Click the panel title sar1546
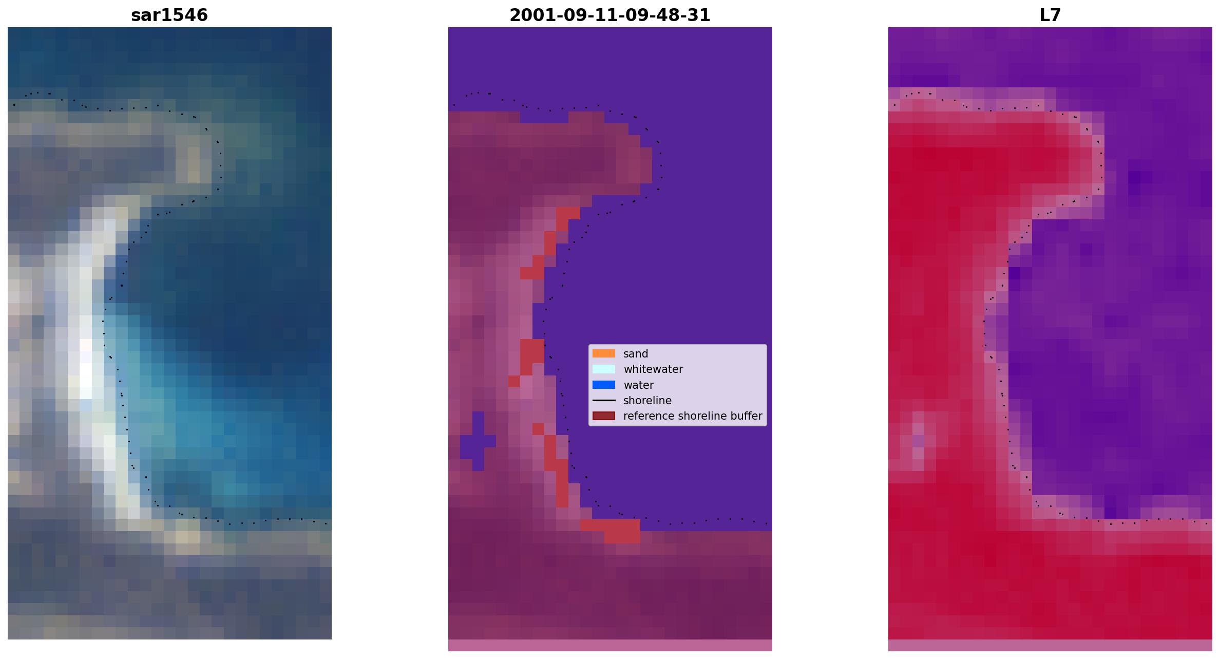169,15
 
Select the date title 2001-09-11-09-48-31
610,15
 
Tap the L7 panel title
1050,15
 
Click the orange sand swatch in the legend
604,353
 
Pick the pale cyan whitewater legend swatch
604,369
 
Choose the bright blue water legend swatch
604,385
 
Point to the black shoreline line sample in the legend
604,400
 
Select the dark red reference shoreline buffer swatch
604,416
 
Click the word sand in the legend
636,354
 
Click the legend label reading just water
638,385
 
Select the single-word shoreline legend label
647,401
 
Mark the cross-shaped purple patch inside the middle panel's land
478,441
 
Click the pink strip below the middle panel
610,645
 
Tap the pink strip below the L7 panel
1050,645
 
